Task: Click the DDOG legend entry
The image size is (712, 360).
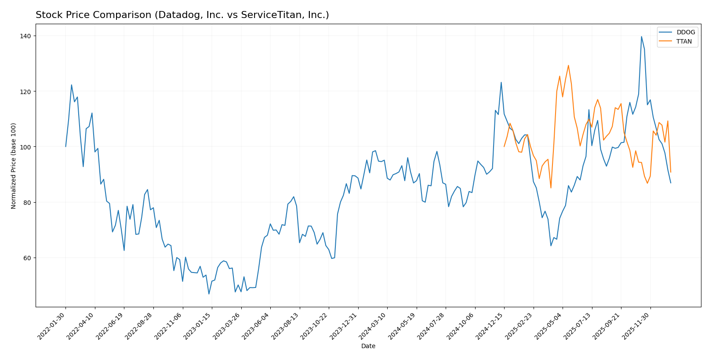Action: pos(686,32)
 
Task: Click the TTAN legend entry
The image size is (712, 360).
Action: pos(684,42)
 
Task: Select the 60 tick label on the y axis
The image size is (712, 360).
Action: pos(28,258)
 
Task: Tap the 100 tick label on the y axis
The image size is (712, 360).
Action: pos(26,147)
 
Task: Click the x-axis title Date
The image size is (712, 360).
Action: pos(368,346)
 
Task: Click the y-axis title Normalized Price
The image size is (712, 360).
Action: pos(14,166)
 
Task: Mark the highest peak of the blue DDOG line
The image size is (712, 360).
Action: pos(641,36)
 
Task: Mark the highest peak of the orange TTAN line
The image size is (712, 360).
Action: pos(568,65)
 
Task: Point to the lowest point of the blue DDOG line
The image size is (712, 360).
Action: pos(209,294)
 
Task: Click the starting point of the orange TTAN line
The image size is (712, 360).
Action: pos(504,147)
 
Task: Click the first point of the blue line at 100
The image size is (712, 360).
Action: pos(65,147)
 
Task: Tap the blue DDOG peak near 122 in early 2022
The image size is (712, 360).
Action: pos(71,85)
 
